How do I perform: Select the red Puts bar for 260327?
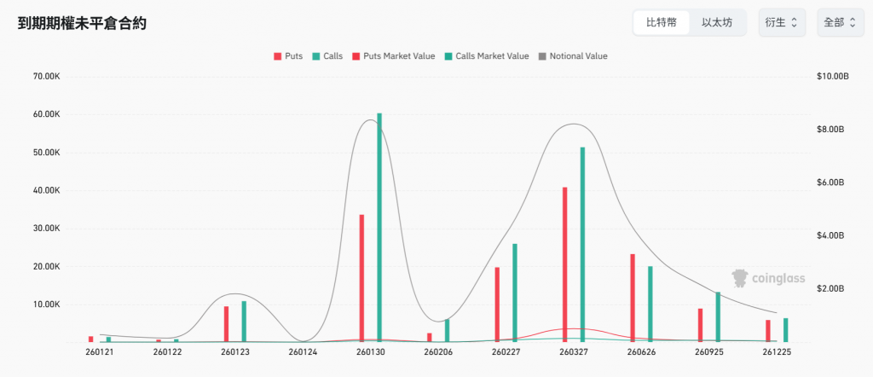pyautogui.click(x=564, y=264)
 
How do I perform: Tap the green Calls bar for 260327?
pyautogui.click(x=582, y=245)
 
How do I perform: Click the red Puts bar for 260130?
pyautogui.click(x=361, y=278)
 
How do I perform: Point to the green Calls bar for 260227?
pyautogui.click(x=515, y=293)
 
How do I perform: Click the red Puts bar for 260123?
pyautogui.click(x=226, y=324)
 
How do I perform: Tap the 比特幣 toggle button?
pyautogui.click(x=662, y=23)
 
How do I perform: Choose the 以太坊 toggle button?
pyautogui.click(x=717, y=23)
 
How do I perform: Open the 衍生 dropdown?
pyautogui.click(x=781, y=23)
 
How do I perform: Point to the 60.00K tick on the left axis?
pyautogui.click(x=46, y=114)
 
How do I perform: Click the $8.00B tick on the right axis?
pyautogui.click(x=830, y=130)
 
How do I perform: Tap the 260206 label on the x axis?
pyautogui.click(x=437, y=351)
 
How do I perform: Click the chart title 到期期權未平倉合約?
pyautogui.click(x=82, y=24)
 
